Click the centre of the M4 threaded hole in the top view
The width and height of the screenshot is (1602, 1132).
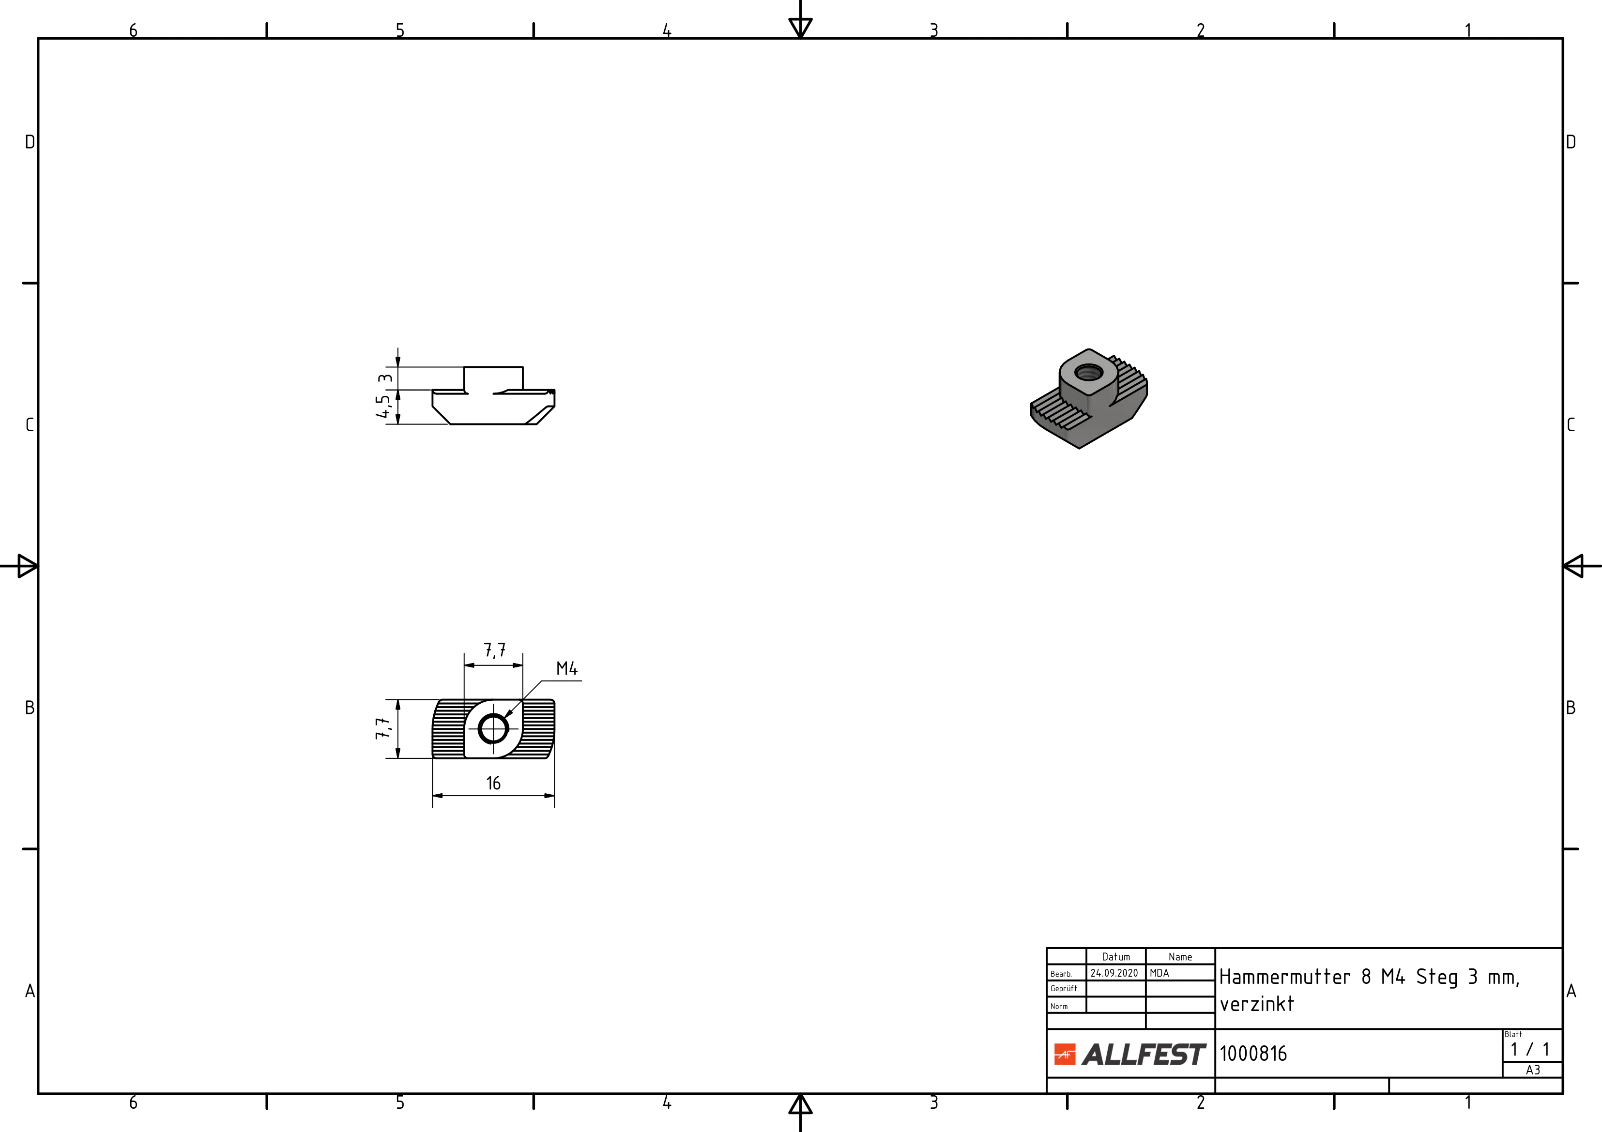493,729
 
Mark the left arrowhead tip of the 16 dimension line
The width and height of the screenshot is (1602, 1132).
433,795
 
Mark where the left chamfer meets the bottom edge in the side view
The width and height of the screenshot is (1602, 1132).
449,424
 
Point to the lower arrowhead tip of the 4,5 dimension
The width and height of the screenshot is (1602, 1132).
397,424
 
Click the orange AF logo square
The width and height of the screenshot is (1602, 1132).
1065,1054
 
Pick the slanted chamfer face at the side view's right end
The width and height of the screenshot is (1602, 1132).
540,416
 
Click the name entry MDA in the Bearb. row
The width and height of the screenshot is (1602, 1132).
1159,973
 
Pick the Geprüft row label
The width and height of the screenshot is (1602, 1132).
1063,988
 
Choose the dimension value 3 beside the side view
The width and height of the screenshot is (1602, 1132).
384,379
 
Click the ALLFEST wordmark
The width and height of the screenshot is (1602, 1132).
1144,1054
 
